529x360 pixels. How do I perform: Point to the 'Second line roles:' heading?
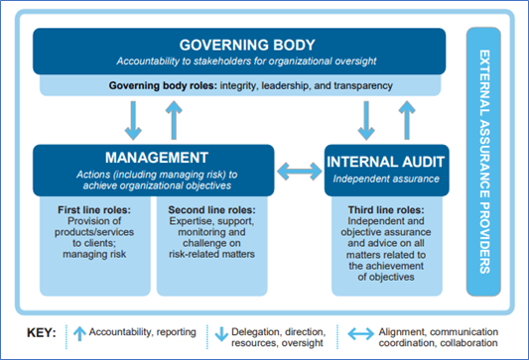click(211, 212)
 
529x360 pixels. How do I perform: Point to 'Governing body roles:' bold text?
click(165, 86)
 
